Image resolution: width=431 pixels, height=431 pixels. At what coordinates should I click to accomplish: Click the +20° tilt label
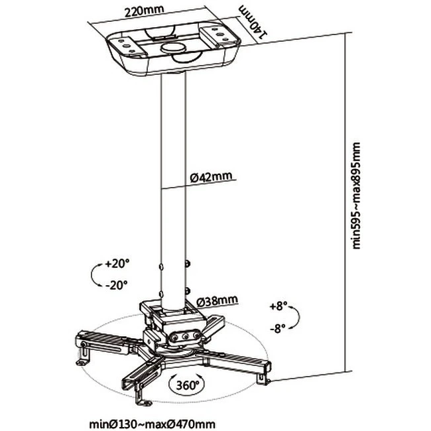click(x=117, y=264)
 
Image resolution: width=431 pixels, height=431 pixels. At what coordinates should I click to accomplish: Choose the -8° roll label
click(x=278, y=328)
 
